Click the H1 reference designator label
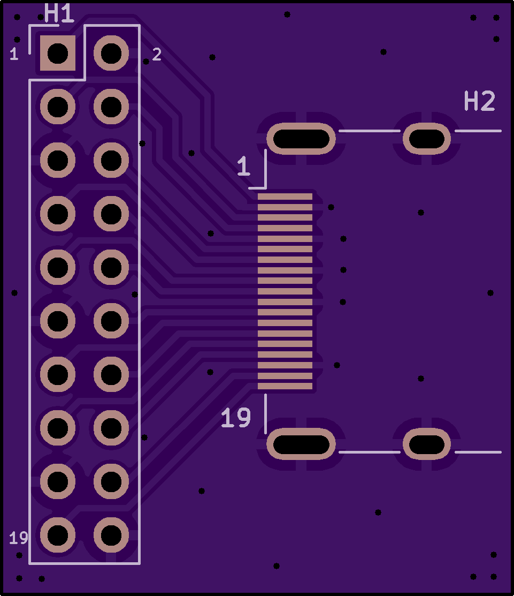(59, 13)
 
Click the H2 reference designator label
(479, 101)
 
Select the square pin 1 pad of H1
(58, 53)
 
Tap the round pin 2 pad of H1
(111, 53)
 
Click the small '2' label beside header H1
(157, 55)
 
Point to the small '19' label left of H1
(19, 538)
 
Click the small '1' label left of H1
(14, 54)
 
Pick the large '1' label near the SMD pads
(244, 166)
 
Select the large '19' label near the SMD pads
(236, 417)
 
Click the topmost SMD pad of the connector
(285, 197)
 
